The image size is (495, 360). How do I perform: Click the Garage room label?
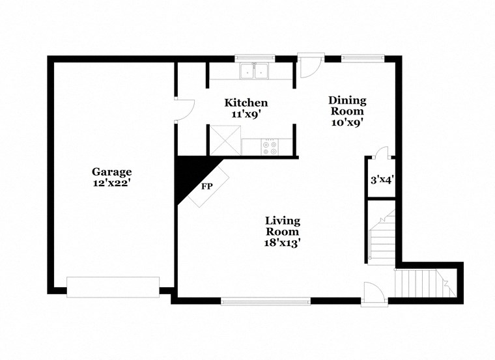tap(111, 172)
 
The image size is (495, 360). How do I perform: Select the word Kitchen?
tap(246, 103)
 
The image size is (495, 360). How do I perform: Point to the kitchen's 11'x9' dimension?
tap(246, 113)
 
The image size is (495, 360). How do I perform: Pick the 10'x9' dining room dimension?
tap(346, 121)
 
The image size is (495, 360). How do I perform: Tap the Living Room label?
tap(283, 226)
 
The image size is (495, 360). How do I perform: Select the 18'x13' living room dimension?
tap(283, 242)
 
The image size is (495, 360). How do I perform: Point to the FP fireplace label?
tap(207, 187)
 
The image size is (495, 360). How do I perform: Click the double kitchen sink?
tap(255, 70)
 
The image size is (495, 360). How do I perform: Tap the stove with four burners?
tap(269, 147)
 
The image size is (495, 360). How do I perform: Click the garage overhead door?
tap(113, 286)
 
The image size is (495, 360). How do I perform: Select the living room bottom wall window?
tap(266, 301)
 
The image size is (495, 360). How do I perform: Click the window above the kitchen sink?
tap(255, 57)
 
